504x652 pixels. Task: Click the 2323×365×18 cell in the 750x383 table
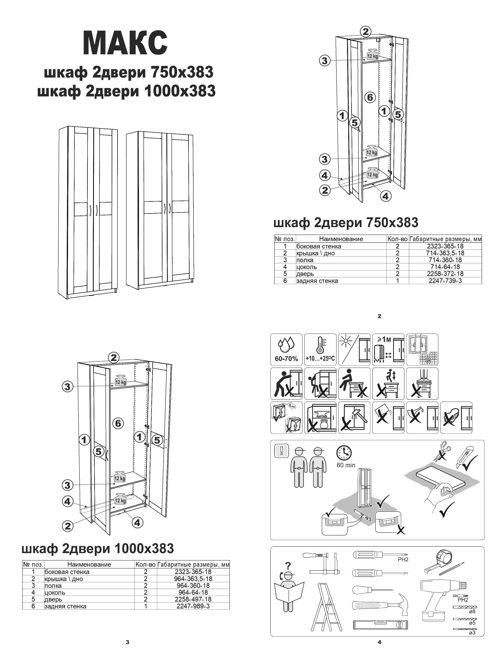(x=445, y=246)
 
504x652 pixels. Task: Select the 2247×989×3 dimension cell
(x=193, y=606)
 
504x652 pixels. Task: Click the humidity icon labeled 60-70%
(x=286, y=350)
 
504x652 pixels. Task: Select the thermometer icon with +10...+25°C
(x=320, y=350)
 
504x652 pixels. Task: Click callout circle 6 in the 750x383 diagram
(x=370, y=97)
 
